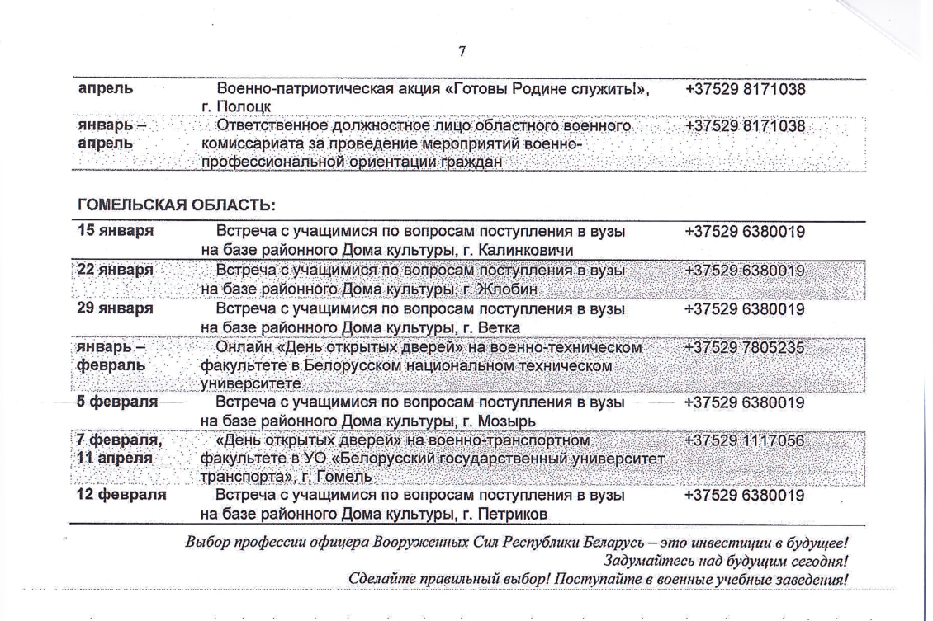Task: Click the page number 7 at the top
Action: coord(462,52)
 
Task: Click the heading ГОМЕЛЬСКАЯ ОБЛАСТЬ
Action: coord(176,204)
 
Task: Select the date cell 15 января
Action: coord(116,232)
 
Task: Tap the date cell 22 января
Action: coord(116,271)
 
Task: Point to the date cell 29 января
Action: coord(116,308)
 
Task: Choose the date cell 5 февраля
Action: coord(117,402)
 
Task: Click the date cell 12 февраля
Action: coord(121,496)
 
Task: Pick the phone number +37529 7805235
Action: coord(745,347)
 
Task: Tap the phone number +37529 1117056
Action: coord(745,440)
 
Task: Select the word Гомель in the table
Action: coord(346,478)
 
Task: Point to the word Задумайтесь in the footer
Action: coord(644,562)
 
